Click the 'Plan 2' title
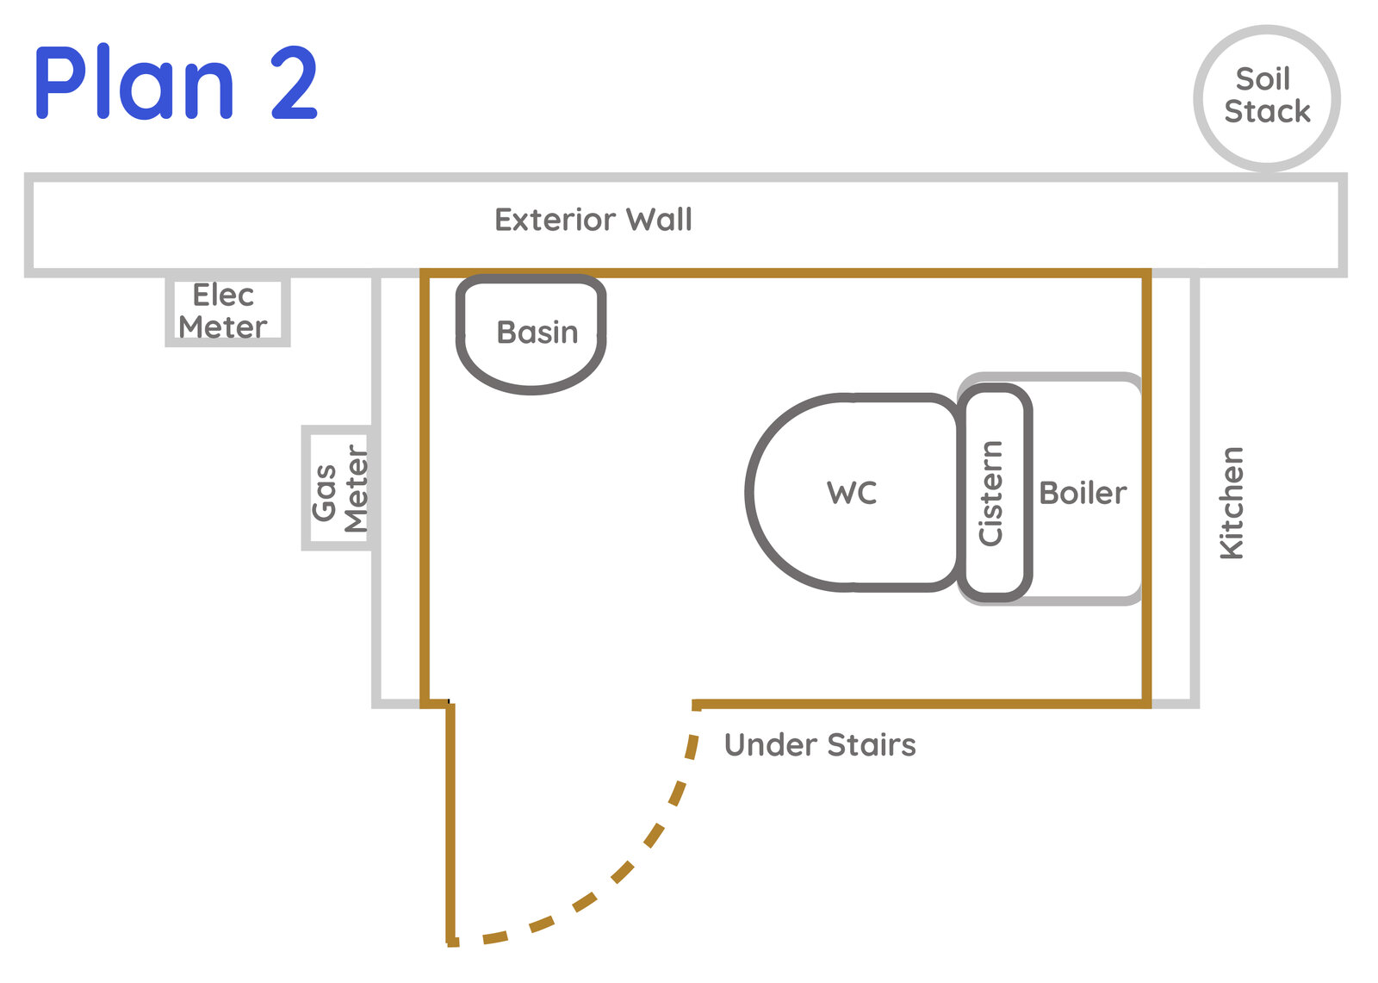[x=177, y=82]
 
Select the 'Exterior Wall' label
[x=593, y=220]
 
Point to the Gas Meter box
[x=305, y=488]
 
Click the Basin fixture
[x=531, y=389]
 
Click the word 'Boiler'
[x=1083, y=493]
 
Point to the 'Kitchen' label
[x=1232, y=503]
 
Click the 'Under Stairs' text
[x=819, y=745]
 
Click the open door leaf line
[x=450, y=824]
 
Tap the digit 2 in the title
[x=294, y=82]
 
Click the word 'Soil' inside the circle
[x=1263, y=78]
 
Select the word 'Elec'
[x=223, y=295]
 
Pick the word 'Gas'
[x=324, y=493]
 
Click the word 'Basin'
[x=537, y=333]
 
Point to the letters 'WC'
[x=852, y=493]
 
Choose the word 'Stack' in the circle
[x=1267, y=111]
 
